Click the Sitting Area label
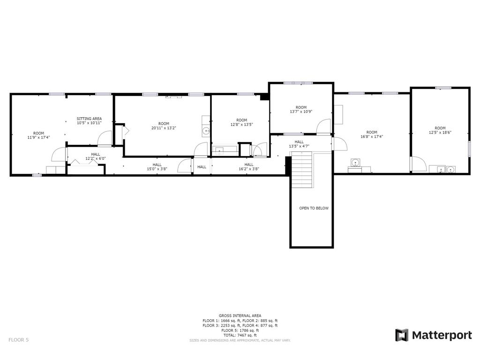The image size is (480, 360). pos(89,119)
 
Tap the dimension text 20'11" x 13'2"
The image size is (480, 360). pos(164,128)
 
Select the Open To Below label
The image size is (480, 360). pos(314,208)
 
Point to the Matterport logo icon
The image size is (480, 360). pos(402,335)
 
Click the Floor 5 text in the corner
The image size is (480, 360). pos(19,340)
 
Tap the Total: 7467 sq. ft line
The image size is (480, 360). pos(240,335)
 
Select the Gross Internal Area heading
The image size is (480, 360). pos(240,315)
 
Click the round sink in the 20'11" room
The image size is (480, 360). pos(206,132)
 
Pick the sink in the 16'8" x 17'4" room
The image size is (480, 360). pos(356,163)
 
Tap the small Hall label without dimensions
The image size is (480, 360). pos(202,167)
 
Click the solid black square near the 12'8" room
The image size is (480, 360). pos(264,97)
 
